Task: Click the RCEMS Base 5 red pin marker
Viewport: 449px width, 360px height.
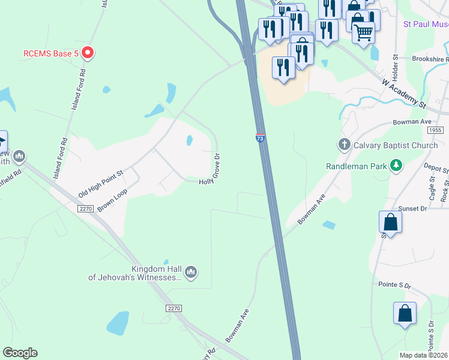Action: tap(88, 53)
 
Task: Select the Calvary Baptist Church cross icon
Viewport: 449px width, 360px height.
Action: tap(345, 145)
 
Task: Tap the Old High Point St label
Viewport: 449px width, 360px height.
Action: tap(100, 184)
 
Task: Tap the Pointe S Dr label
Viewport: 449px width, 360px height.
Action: tap(394, 286)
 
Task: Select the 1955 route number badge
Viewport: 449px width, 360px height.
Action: tap(436, 130)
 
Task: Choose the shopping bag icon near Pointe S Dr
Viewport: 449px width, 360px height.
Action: tap(405, 313)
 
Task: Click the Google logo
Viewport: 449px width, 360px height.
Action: tap(20, 353)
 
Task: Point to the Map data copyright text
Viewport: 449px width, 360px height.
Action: tap(424, 355)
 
